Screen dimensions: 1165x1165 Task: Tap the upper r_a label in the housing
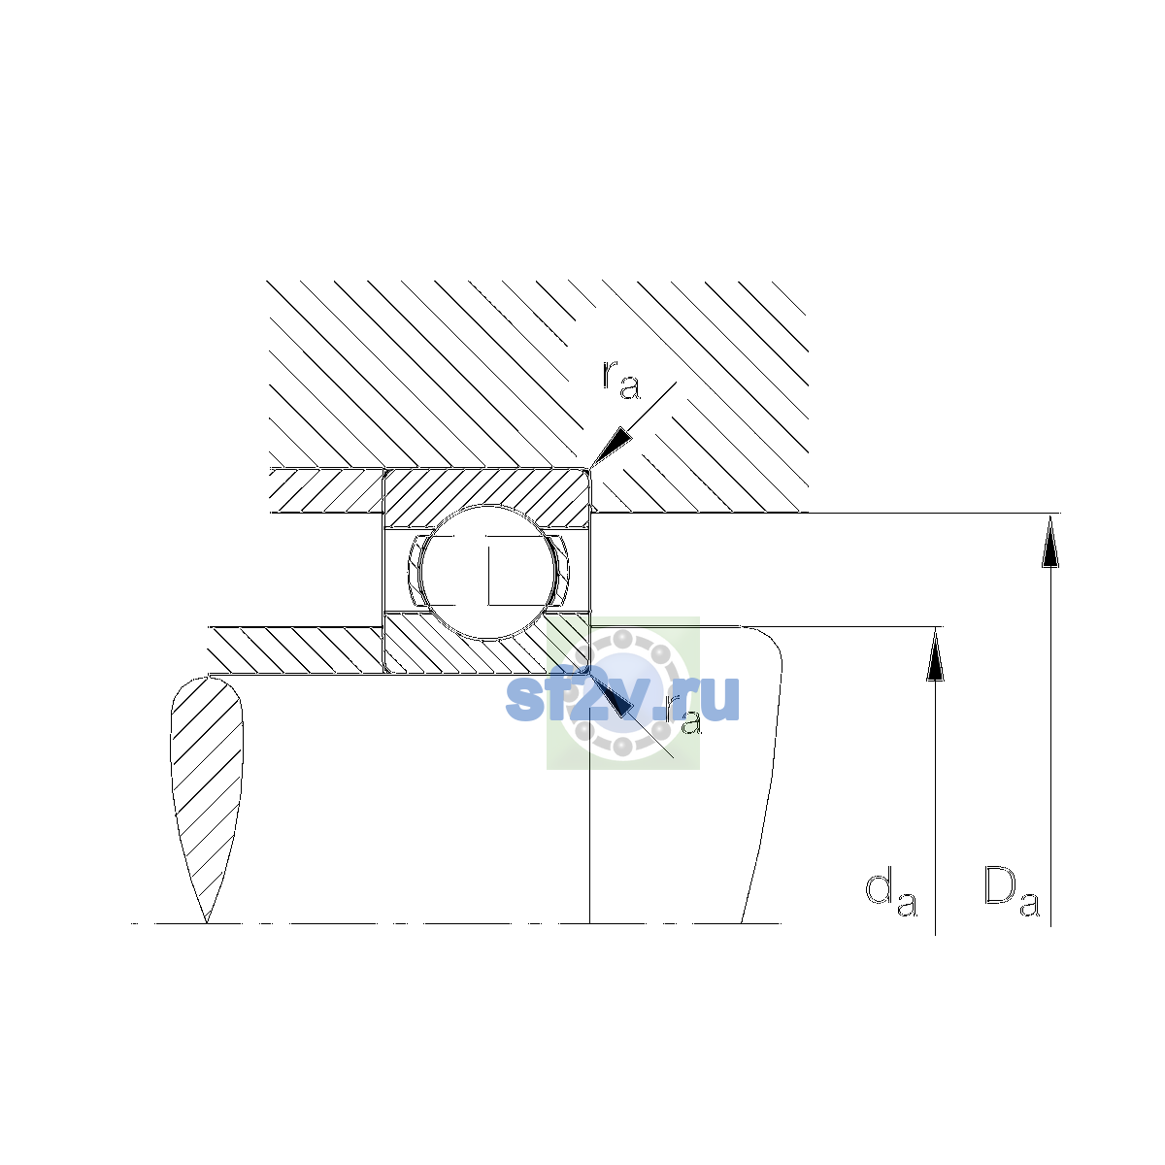[621, 380]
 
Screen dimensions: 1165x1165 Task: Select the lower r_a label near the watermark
[682, 716]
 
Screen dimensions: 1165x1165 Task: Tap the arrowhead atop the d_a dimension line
[935, 654]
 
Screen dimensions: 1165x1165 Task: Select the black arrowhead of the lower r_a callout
[612, 695]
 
